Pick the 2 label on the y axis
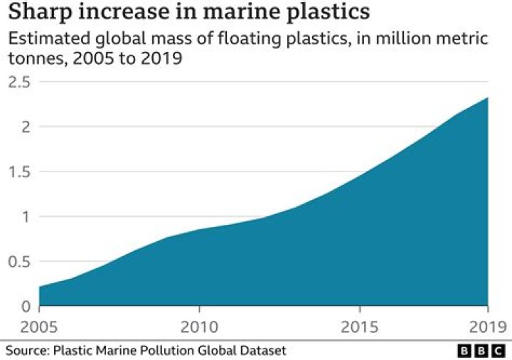[x=26, y=127]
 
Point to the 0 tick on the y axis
[x=26, y=307]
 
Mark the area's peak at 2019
[x=488, y=97]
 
